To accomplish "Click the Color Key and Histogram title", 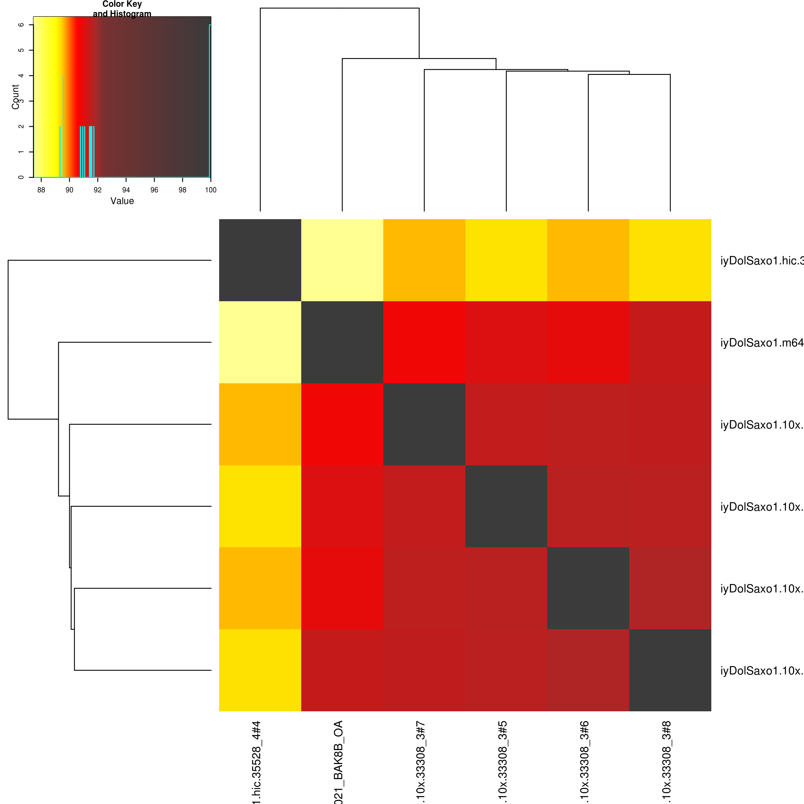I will (x=122, y=9).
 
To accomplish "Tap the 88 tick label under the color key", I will (x=41, y=190).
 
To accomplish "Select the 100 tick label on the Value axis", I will (x=210, y=190).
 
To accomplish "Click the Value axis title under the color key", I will (x=122, y=201).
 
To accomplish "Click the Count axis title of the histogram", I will (x=15, y=97).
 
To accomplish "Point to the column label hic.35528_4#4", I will (x=256, y=762).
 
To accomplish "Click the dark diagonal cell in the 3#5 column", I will (x=506, y=506).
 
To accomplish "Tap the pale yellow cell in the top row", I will (x=342, y=260).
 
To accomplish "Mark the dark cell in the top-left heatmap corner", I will (x=260, y=260).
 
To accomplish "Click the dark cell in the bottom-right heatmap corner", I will (x=670, y=670).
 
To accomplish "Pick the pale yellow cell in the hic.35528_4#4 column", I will (x=260, y=342).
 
